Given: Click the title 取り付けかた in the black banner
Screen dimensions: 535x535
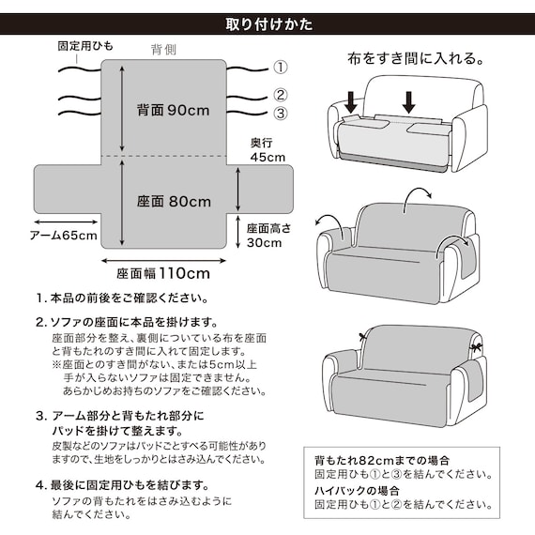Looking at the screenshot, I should pyautogui.click(x=268, y=23).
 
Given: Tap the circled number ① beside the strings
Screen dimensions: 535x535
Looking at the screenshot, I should pyautogui.click(x=279, y=68).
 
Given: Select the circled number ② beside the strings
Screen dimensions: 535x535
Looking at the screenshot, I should pyautogui.click(x=279, y=95).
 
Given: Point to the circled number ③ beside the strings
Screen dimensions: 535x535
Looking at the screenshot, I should pyautogui.click(x=279, y=115).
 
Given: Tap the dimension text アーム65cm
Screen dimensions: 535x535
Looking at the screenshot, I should pyautogui.click(x=63, y=236).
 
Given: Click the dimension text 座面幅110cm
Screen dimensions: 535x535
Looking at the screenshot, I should pyautogui.click(x=163, y=274).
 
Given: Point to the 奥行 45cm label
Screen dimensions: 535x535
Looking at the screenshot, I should pyautogui.click(x=267, y=150).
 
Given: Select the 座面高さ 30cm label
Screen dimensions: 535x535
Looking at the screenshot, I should pyautogui.click(x=271, y=235).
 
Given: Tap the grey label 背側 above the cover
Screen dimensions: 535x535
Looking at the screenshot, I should pyautogui.click(x=164, y=49).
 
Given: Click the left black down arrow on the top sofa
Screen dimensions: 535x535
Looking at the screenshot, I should pyautogui.click(x=351, y=99).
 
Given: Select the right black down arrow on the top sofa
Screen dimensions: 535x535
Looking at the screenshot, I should pyautogui.click(x=409, y=99).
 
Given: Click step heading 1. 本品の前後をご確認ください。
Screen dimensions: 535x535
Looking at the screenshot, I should pyautogui.click(x=121, y=298).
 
